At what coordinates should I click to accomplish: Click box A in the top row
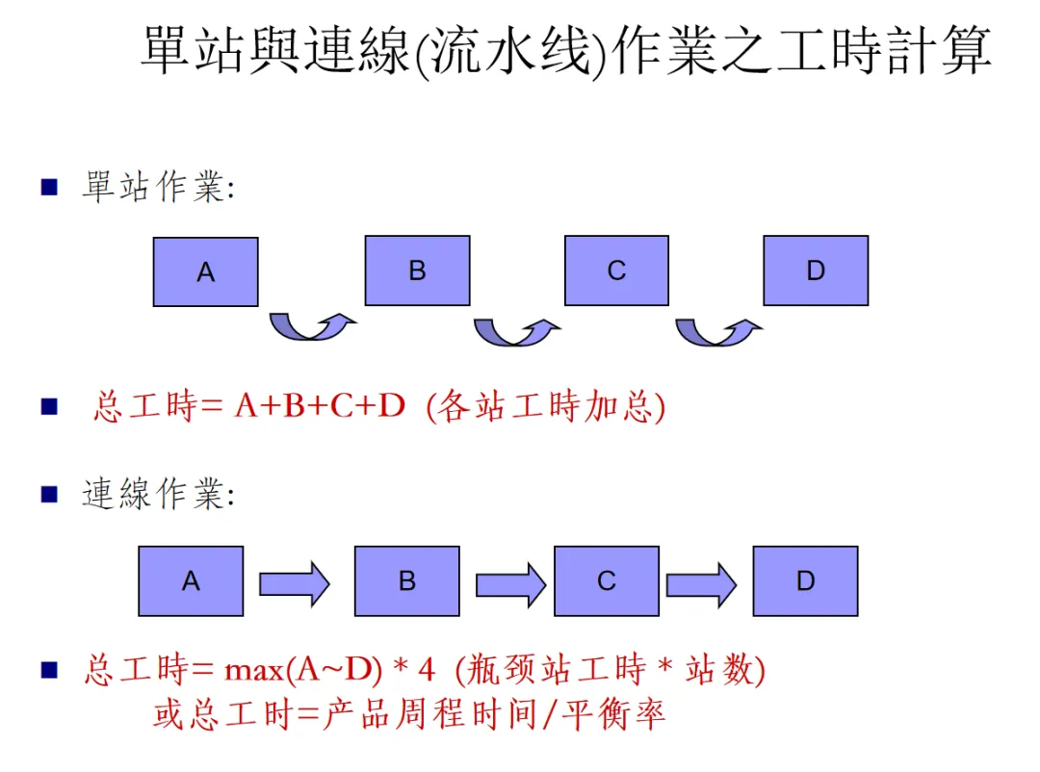tap(205, 271)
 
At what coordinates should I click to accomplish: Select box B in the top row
tap(417, 270)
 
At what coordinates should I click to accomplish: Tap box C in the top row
tap(616, 270)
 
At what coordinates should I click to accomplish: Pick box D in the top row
tap(816, 270)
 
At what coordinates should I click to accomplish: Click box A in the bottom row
tap(191, 580)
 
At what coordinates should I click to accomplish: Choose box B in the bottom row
tap(407, 580)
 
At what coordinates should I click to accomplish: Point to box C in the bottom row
tap(607, 580)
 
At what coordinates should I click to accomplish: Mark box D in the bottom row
tap(805, 580)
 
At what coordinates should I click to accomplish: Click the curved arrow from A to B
tap(311, 326)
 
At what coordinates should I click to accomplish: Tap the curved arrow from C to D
tap(717, 332)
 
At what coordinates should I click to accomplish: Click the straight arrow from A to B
tap(295, 583)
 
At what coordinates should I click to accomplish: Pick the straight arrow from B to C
tap(510, 583)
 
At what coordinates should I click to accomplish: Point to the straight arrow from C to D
tap(701, 583)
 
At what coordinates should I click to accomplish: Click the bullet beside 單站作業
tap(50, 187)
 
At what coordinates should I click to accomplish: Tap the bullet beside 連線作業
tap(50, 495)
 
